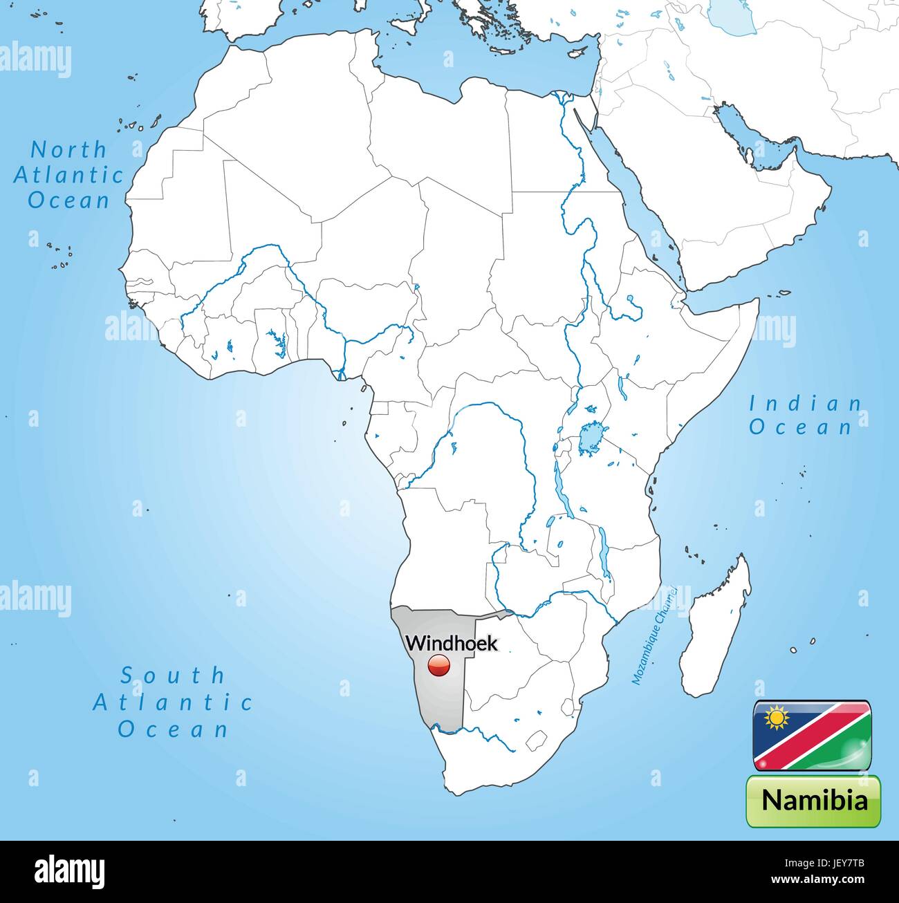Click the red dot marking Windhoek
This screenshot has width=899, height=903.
(x=438, y=666)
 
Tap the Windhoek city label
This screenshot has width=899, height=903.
(x=451, y=643)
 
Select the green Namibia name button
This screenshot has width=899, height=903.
(x=813, y=801)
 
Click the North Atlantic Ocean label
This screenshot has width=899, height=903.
(x=68, y=174)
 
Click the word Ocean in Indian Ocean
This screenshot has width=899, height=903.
(x=800, y=427)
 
